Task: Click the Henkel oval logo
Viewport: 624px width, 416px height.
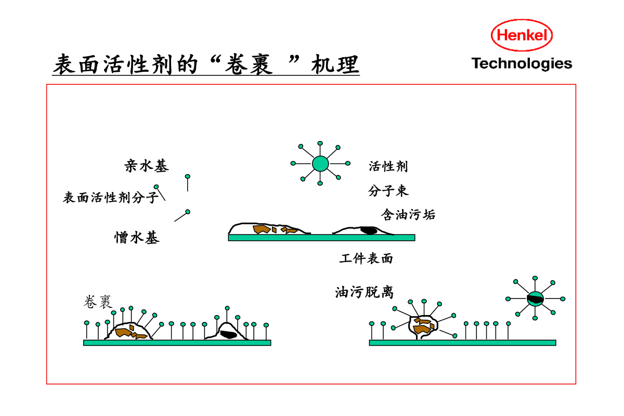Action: (522, 35)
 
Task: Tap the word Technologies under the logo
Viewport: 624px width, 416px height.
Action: (522, 64)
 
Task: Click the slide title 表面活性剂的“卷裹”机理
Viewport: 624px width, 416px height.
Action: (206, 66)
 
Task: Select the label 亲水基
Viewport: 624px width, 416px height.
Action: (147, 166)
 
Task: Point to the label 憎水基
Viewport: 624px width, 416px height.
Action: (137, 238)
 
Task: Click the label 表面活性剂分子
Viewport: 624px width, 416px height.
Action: (110, 198)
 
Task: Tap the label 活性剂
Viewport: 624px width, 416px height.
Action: (388, 166)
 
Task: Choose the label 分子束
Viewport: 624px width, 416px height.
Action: (388, 191)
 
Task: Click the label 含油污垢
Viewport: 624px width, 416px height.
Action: (408, 214)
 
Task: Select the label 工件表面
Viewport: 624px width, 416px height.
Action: (366, 258)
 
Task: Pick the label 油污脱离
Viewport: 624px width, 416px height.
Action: (365, 292)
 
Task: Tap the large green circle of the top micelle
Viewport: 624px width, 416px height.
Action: (320, 163)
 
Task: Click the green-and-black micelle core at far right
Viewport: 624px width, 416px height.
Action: (535, 298)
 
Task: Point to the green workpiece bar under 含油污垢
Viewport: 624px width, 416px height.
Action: (321, 238)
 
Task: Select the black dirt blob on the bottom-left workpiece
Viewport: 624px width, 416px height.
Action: (228, 334)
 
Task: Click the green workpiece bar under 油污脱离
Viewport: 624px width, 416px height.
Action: (462, 343)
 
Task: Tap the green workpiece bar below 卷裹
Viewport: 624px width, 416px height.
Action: (177, 343)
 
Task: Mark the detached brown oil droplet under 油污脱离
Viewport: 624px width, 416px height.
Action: (424, 326)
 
